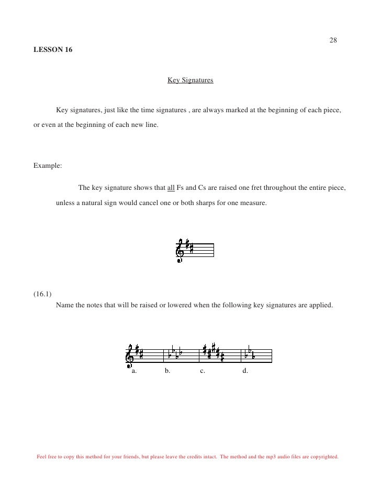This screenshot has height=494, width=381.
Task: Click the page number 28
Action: click(x=333, y=41)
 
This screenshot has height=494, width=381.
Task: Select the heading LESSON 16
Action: click(x=53, y=50)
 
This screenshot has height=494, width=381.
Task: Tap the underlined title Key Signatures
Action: click(x=190, y=81)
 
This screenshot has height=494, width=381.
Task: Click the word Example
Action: click(x=47, y=166)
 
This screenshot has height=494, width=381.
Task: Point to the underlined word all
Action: click(x=171, y=188)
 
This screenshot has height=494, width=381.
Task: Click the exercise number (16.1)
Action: click(x=43, y=293)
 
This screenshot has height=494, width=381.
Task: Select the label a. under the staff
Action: click(x=134, y=370)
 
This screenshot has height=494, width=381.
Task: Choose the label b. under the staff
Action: click(x=167, y=370)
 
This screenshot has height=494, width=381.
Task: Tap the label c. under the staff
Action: click(x=202, y=370)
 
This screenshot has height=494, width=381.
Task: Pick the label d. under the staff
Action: click(x=245, y=370)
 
